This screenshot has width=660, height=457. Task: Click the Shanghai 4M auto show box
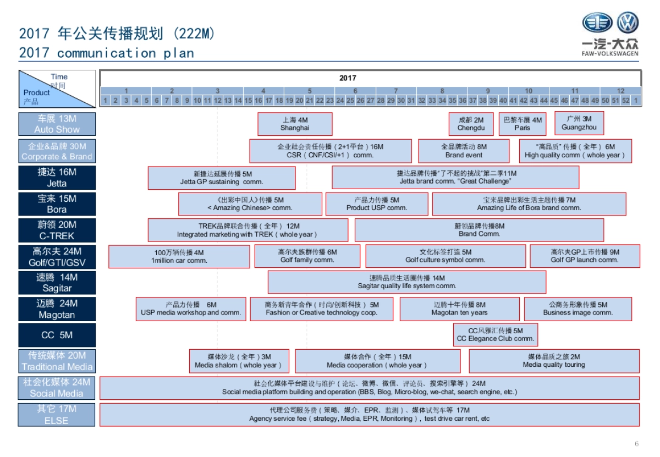coord(295,124)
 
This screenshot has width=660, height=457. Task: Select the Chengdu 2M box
coord(471,124)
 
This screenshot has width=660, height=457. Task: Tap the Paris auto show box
coord(522,124)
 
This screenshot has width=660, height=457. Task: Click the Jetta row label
coord(57,178)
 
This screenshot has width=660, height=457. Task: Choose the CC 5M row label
coord(57,335)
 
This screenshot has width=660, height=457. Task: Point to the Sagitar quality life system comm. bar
coord(406,282)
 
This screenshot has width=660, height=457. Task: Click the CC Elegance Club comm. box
coord(495,335)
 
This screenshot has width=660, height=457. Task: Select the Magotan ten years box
coord(459,309)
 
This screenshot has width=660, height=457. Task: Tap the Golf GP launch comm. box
coord(585,256)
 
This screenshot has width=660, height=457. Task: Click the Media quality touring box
coord(554,361)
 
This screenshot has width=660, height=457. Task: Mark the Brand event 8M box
coord(464,151)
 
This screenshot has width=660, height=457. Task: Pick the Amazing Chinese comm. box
coord(250,204)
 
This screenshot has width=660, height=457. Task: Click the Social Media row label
coord(57,388)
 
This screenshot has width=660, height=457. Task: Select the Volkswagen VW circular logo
coord(627,24)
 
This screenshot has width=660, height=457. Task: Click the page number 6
coord(636,444)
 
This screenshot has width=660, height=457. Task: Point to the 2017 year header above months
coord(348,78)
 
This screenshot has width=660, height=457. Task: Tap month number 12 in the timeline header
coord(620,91)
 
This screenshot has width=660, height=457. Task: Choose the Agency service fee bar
coord(369,415)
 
